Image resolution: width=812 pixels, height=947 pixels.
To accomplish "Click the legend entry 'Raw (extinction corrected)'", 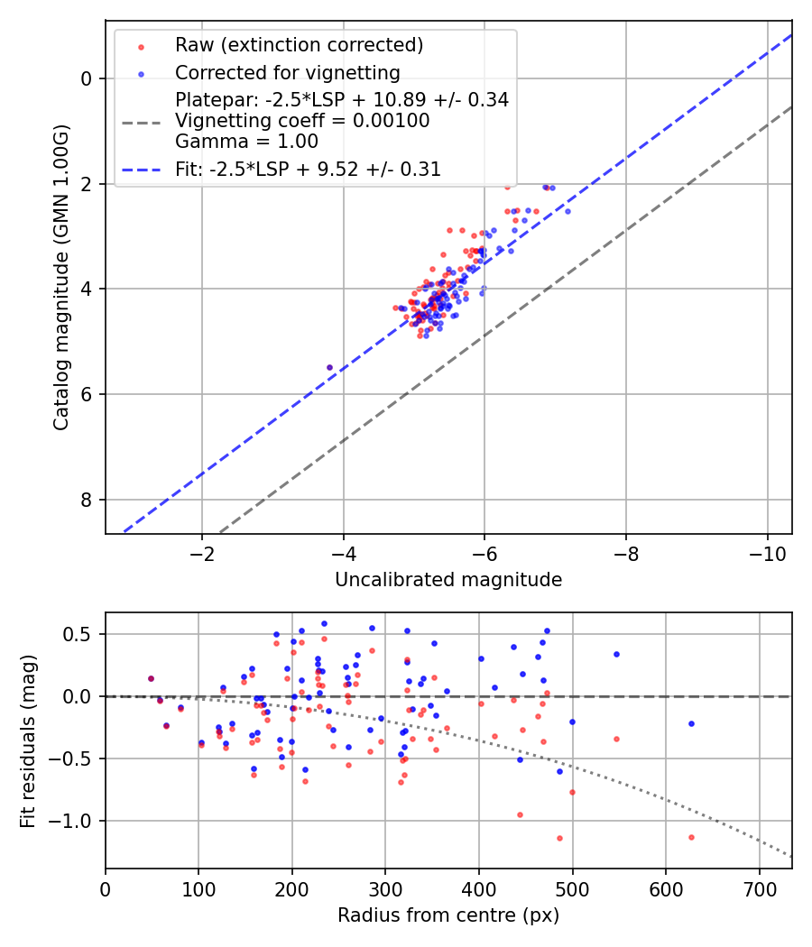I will pyautogui.click(x=299, y=45).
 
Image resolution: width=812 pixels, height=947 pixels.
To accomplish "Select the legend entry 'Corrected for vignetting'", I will pyautogui.click(x=288, y=72).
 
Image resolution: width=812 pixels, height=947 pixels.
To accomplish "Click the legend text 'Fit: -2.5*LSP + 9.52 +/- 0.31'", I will pyautogui.click(x=308, y=169).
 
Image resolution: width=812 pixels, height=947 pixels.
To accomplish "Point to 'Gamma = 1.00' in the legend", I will pyautogui.click(x=246, y=141).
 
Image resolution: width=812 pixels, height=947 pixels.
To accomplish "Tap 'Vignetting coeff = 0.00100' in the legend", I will pyautogui.click(x=302, y=120).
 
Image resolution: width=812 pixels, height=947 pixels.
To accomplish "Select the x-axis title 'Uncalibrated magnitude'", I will pyautogui.click(x=448, y=580).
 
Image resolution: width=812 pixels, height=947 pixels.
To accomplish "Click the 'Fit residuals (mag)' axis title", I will pyautogui.click(x=27, y=740).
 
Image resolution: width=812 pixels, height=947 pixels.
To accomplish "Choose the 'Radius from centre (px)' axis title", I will pyautogui.click(x=448, y=915).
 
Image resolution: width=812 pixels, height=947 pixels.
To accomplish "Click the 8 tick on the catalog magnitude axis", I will pyautogui.click(x=87, y=500).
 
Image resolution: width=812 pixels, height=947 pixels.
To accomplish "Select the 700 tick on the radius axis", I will pyautogui.click(x=759, y=888).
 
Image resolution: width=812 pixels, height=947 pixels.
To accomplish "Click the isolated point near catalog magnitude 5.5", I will pyautogui.click(x=329, y=367).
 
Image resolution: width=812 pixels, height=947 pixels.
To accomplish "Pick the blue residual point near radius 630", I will pyautogui.click(x=691, y=723).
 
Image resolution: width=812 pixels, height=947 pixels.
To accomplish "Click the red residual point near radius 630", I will pyautogui.click(x=691, y=837).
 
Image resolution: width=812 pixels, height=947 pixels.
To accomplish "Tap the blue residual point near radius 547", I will pyautogui.click(x=616, y=654).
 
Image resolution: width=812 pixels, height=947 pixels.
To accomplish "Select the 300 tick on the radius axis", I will pyautogui.click(x=385, y=888).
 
